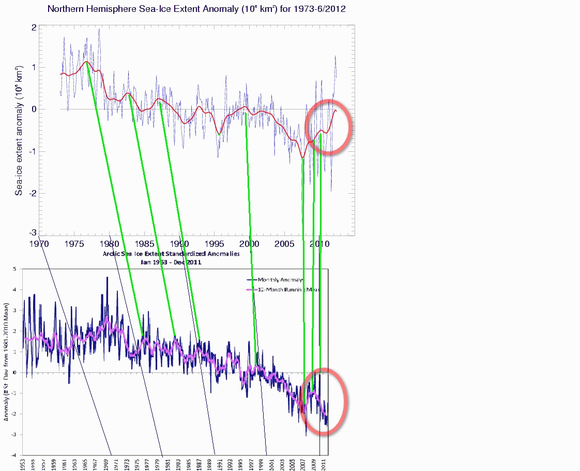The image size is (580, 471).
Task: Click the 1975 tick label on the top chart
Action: tap(74, 243)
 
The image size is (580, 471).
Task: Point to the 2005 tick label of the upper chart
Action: tap(285, 243)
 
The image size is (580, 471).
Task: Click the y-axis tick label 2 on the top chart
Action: tap(34, 27)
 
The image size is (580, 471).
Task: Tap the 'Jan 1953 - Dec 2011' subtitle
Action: tap(171, 262)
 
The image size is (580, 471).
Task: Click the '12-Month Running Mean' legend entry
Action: tap(284, 290)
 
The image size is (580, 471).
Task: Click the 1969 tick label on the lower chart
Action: tap(108, 463)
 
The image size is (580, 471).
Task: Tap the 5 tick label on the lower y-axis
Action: tap(15, 269)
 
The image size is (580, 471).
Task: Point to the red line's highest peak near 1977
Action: tap(86, 61)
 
